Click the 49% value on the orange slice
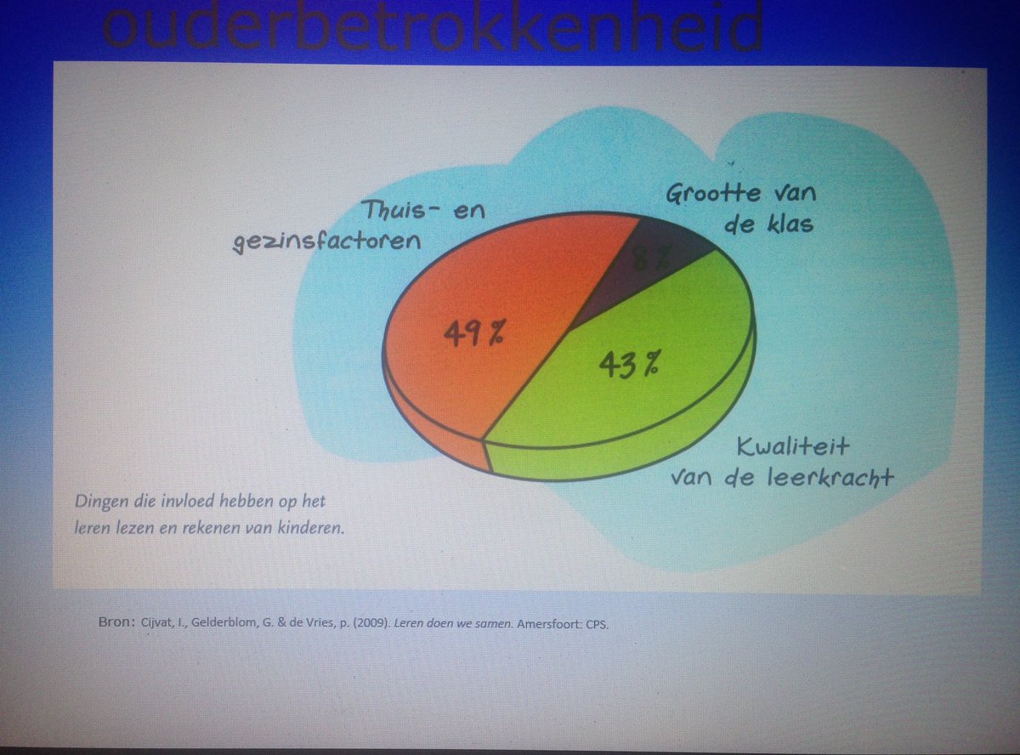click(473, 331)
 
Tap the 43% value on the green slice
click(629, 363)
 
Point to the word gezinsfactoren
click(327, 241)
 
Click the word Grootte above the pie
click(713, 193)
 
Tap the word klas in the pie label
click(790, 224)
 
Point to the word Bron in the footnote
click(113, 622)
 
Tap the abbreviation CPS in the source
click(598, 623)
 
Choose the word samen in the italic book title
click(471, 623)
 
